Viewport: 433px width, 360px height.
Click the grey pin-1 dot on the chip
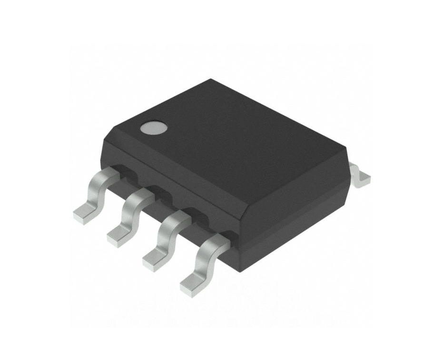tap(154, 128)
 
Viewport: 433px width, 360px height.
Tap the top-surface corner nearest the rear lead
tap(346, 152)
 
